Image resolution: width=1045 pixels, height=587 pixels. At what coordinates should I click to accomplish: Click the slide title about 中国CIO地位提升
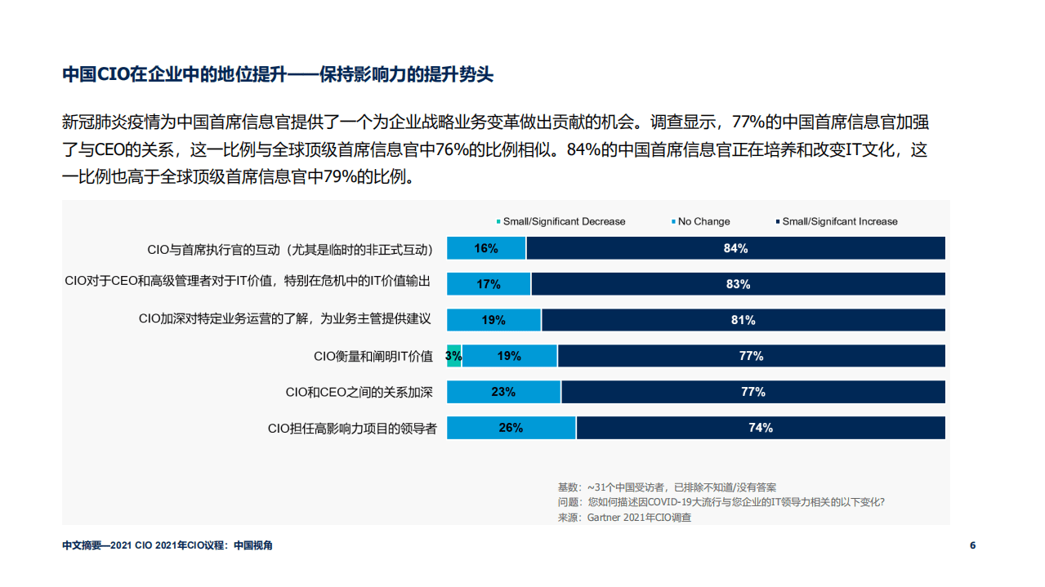[278, 75]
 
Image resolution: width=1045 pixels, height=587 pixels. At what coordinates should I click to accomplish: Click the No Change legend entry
[703, 221]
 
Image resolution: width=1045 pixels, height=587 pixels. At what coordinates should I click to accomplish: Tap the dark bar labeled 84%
[735, 248]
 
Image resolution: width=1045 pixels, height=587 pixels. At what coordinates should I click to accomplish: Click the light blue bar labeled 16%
[486, 248]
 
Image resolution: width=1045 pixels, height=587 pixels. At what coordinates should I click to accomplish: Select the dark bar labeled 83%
[738, 284]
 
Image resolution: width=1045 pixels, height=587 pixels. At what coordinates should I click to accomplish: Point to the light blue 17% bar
[489, 284]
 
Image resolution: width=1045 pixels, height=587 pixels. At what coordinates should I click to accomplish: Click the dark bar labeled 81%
[743, 320]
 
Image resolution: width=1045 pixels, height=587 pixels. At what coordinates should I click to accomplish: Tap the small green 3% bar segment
[454, 356]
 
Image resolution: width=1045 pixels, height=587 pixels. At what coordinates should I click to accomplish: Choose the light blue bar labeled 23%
[503, 392]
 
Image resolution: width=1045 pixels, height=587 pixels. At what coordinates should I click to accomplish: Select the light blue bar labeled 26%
[511, 428]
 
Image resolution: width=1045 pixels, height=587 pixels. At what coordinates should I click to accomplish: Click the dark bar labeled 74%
[760, 428]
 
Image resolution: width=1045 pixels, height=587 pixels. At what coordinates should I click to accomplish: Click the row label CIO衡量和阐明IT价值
[373, 356]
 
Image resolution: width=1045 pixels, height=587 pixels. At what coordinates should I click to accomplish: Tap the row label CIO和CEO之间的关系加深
[359, 392]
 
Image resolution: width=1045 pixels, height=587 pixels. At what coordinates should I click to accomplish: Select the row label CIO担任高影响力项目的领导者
[352, 428]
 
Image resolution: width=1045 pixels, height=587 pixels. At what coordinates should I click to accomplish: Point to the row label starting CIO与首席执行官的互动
[290, 248]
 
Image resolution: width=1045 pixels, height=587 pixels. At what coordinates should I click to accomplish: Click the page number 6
[972, 545]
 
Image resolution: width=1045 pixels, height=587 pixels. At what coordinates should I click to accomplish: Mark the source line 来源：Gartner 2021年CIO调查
[624, 517]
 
